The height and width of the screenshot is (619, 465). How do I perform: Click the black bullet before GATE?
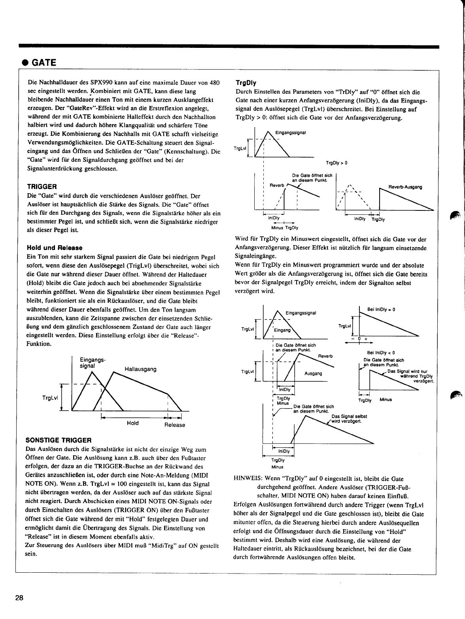(x=25, y=62)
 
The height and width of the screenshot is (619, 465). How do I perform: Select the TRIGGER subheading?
(x=42, y=186)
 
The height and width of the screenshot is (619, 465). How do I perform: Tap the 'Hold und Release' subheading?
(x=55, y=248)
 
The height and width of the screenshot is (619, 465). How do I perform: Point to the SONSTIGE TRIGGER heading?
(x=58, y=440)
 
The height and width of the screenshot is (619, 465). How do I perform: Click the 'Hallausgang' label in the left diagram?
(x=140, y=369)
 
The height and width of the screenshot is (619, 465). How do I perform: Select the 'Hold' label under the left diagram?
(x=132, y=423)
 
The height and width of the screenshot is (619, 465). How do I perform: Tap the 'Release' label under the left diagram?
(x=174, y=425)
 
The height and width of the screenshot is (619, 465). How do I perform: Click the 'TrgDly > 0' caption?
(x=336, y=163)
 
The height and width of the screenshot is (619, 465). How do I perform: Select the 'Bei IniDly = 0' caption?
(x=381, y=310)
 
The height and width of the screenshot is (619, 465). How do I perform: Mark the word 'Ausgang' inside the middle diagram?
(x=314, y=373)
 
